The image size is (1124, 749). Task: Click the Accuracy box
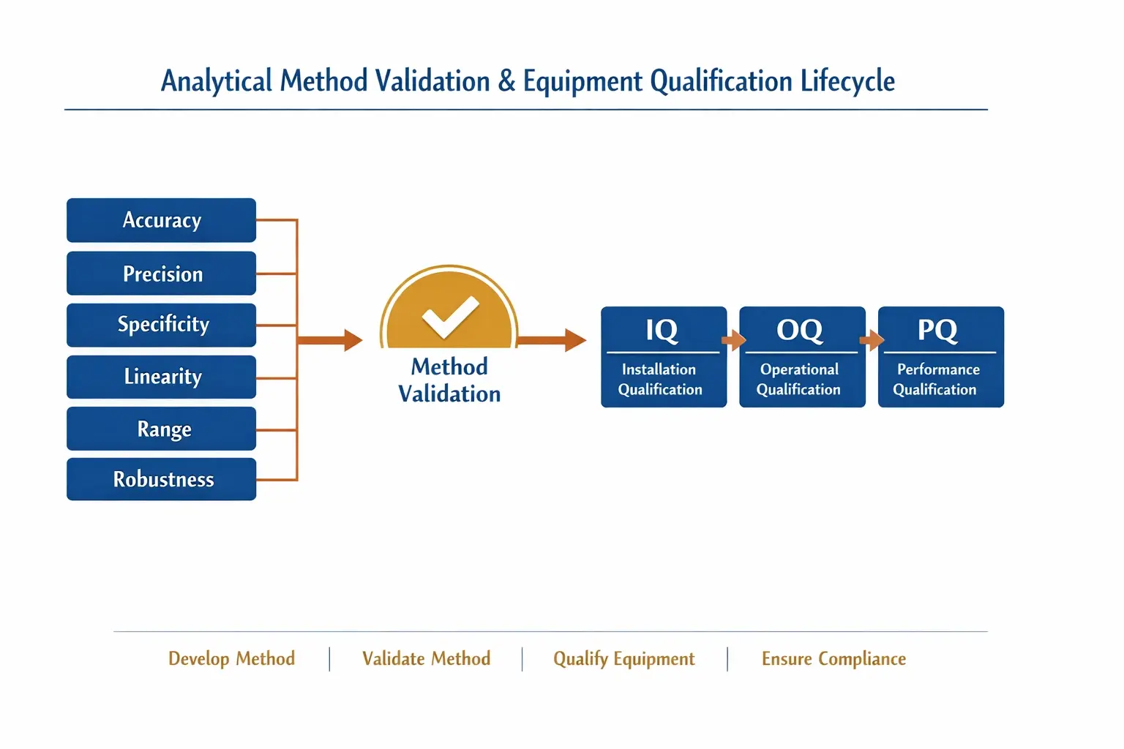(161, 220)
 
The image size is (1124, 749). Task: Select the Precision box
(161, 274)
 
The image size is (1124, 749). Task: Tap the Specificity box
(161, 325)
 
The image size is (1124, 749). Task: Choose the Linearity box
(161, 377)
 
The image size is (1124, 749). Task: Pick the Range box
(161, 429)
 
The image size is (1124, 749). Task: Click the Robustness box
(161, 479)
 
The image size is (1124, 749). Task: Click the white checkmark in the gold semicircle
(450, 317)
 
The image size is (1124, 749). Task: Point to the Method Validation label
(449, 380)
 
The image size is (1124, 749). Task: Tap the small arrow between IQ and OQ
(733, 340)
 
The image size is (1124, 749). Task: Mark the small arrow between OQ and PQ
(872, 340)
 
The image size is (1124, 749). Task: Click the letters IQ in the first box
(662, 331)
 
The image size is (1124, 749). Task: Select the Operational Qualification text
(799, 380)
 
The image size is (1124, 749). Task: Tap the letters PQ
(937, 331)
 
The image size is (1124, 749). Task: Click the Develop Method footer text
(231, 659)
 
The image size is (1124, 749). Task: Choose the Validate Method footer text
(426, 659)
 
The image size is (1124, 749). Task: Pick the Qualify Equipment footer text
(623, 659)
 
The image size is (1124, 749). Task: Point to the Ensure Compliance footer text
(833, 659)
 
